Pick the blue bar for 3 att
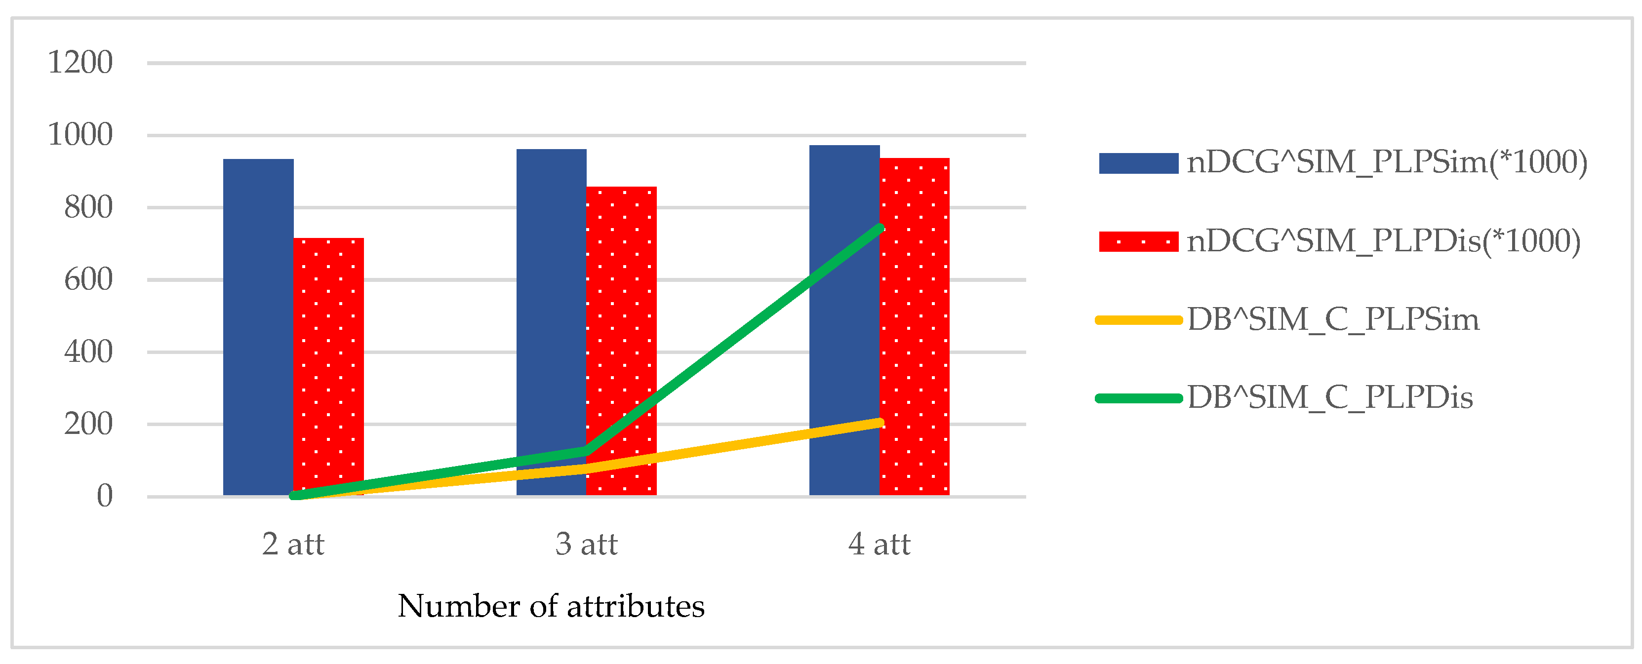click(552, 322)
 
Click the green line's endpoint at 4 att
click(880, 228)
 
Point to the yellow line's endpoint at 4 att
click(880, 423)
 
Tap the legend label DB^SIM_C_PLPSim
click(1333, 320)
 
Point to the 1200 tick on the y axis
click(80, 62)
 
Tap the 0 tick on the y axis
click(105, 496)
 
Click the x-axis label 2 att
click(293, 544)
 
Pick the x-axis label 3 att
click(587, 544)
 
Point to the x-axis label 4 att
click(880, 544)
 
